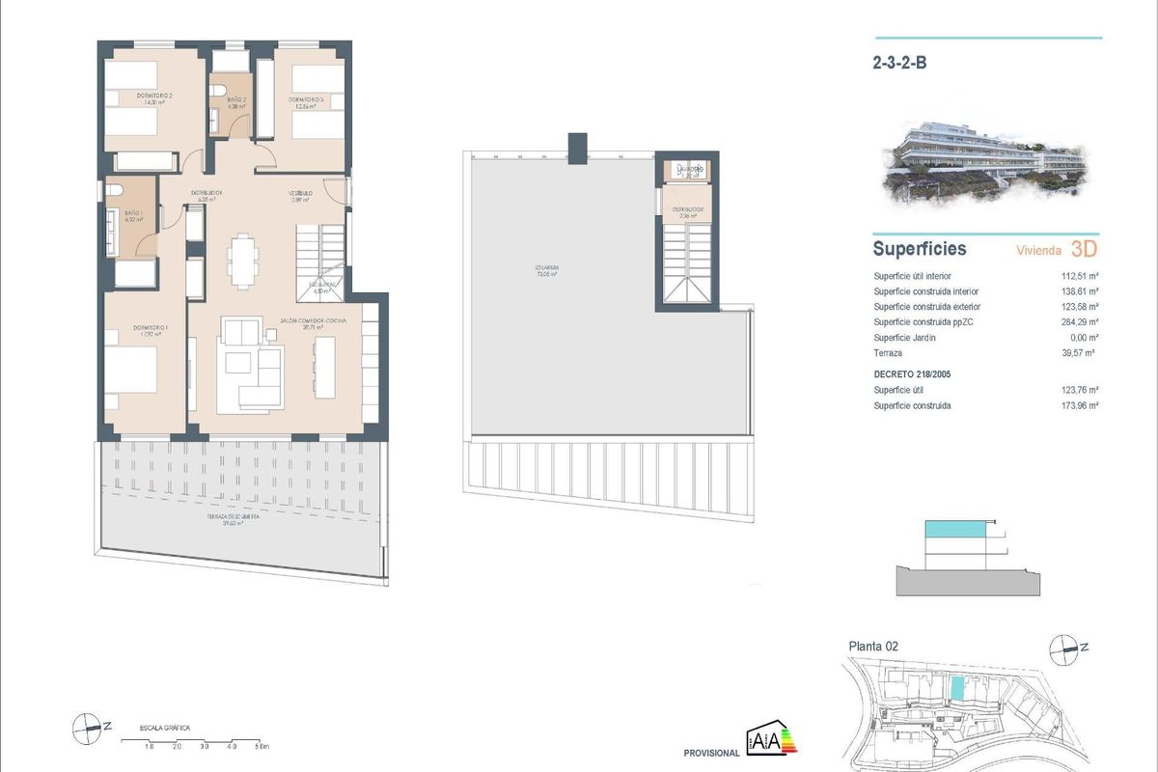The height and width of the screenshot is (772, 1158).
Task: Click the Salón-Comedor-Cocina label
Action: coord(314,320)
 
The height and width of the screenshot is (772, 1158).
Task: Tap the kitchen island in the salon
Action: coord(324,367)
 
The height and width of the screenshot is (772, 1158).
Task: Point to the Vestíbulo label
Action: coord(301,194)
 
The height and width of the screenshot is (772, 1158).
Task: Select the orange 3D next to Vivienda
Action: coord(1084,249)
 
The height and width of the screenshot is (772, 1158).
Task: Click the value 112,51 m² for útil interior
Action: coord(1081,276)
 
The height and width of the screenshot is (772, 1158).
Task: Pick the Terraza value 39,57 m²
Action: coord(1081,353)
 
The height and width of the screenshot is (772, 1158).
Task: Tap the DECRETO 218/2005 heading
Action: coord(914,372)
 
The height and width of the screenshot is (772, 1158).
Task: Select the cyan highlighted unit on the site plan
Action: coord(957,688)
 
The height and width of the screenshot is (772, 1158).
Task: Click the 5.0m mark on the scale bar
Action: coord(262,747)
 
